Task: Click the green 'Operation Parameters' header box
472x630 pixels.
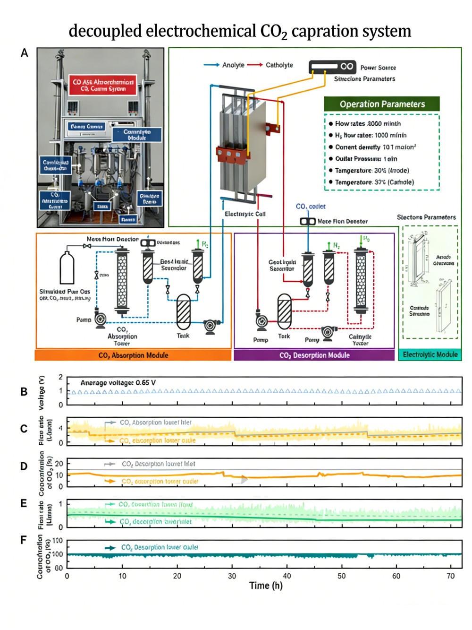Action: click(x=382, y=104)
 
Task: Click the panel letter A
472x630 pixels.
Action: click(x=25, y=53)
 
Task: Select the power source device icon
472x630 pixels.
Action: click(x=332, y=67)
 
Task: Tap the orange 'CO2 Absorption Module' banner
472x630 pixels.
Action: click(x=133, y=355)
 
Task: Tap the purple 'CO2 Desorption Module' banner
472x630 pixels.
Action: click(x=314, y=355)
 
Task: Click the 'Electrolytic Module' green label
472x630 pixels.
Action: click(x=430, y=354)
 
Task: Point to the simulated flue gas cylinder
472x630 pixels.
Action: click(x=67, y=268)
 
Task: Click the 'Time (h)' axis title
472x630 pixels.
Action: click(x=266, y=586)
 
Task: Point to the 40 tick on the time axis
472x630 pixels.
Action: click(x=287, y=576)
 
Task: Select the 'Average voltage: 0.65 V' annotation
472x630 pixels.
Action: click(x=118, y=383)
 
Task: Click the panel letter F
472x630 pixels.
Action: click(x=24, y=540)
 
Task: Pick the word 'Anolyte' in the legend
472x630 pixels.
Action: click(x=233, y=65)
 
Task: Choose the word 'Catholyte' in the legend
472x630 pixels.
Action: click(x=279, y=65)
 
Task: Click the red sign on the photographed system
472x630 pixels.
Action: click(x=103, y=85)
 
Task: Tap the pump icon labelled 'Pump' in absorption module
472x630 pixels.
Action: click(x=100, y=319)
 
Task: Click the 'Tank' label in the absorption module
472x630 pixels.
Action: click(x=183, y=336)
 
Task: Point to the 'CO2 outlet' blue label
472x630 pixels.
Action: click(x=311, y=207)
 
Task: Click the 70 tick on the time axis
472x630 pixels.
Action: click(x=451, y=576)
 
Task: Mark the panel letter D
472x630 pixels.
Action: click(x=24, y=466)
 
